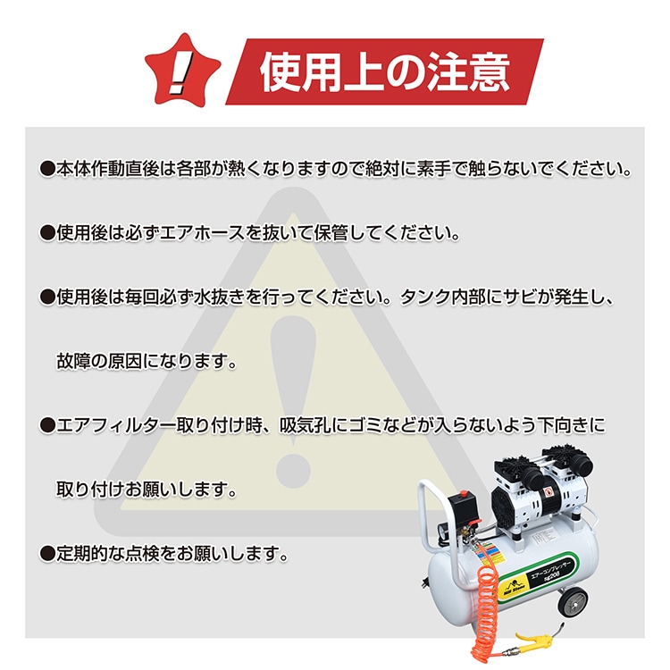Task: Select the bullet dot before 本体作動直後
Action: coord(47,168)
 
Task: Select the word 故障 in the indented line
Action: coord(74,362)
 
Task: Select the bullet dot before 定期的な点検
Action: coord(47,555)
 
